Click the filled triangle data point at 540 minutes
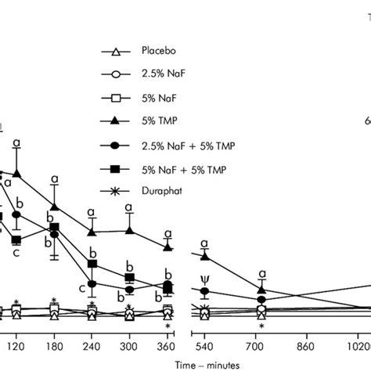[x=205, y=256]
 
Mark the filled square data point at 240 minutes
[x=92, y=265]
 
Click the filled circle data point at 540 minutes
[x=205, y=291]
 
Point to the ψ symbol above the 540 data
[x=205, y=278]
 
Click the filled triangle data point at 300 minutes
[x=130, y=230]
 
